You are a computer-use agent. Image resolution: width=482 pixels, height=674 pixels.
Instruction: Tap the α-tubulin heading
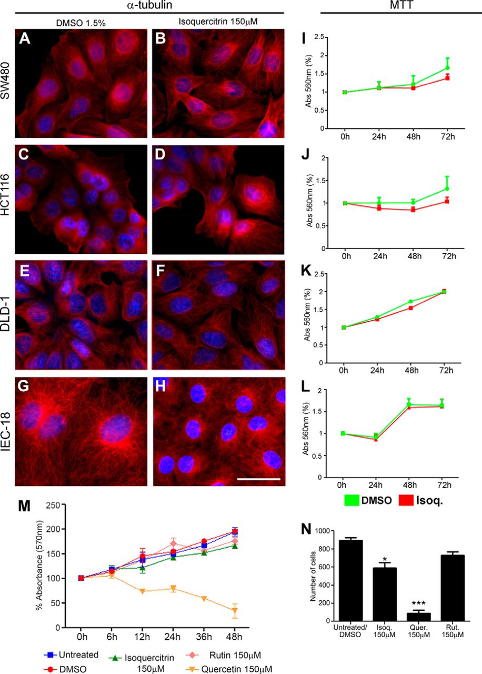(147, 5)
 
